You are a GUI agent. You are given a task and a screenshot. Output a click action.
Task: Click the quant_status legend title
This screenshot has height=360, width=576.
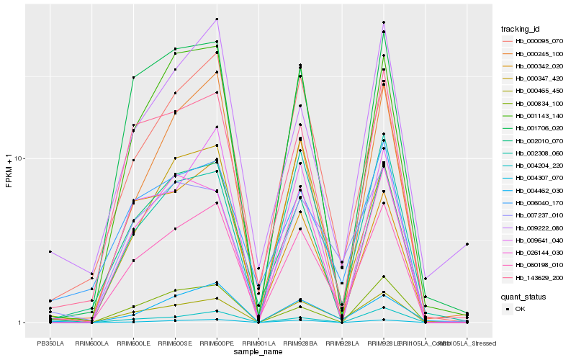click(x=523, y=297)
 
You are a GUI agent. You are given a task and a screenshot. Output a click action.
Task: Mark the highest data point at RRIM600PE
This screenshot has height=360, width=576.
click(x=217, y=19)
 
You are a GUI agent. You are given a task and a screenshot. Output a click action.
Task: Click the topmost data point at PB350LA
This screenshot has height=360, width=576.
click(x=50, y=251)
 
